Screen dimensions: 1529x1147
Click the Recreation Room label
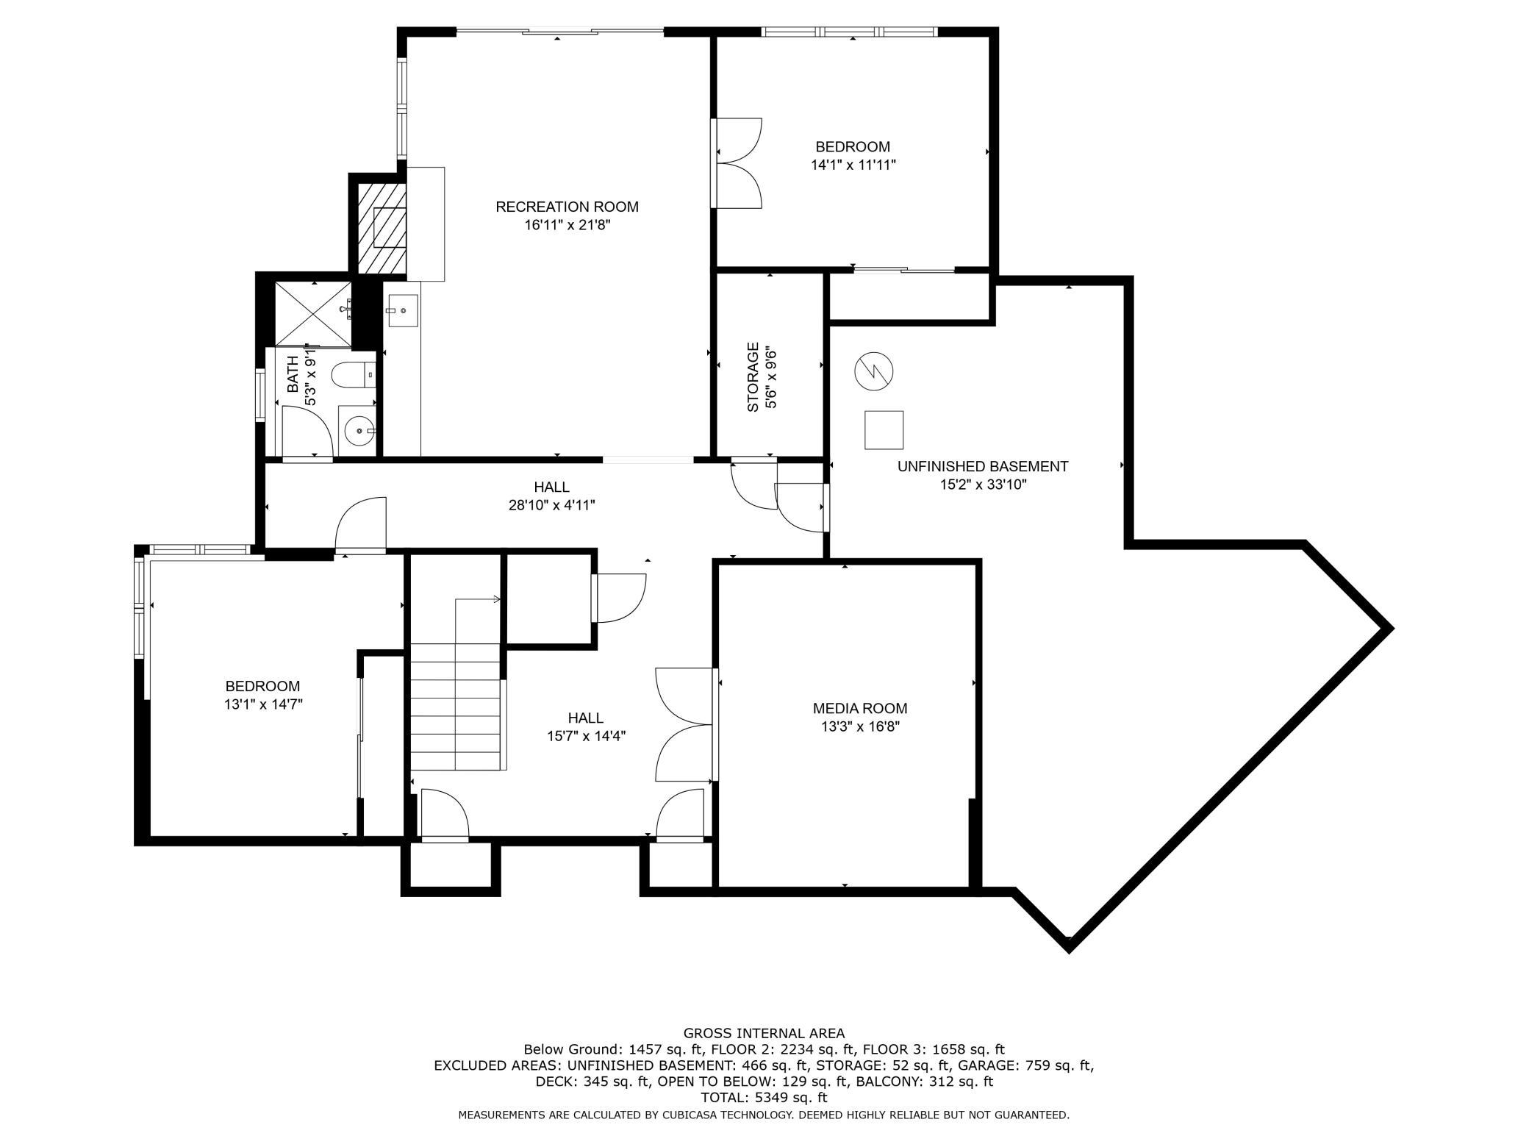(x=567, y=207)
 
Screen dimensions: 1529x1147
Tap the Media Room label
(x=859, y=708)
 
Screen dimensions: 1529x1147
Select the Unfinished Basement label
(x=982, y=466)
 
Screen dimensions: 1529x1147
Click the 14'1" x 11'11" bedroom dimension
(x=853, y=165)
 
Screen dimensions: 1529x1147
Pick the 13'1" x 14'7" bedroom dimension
(x=263, y=704)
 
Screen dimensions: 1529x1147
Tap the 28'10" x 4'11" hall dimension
(x=551, y=505)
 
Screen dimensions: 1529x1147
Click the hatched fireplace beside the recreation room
(x=382, y=228)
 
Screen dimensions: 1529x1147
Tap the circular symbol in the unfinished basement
(x=874, y=371)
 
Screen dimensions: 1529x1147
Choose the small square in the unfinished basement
(x=884, y=430)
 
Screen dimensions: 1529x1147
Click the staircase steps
(x=456, y=706)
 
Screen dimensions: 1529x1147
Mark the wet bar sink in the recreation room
(x=402, y=311)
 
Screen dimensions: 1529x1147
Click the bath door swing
(x=308, y=432)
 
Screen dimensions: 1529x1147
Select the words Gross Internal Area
(x=764, y=1033)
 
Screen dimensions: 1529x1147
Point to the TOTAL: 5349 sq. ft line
(x=764, y=1098)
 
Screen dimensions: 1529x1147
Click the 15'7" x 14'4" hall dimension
(x=586, y=735)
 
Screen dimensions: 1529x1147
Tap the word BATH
(x=293, y=374)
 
